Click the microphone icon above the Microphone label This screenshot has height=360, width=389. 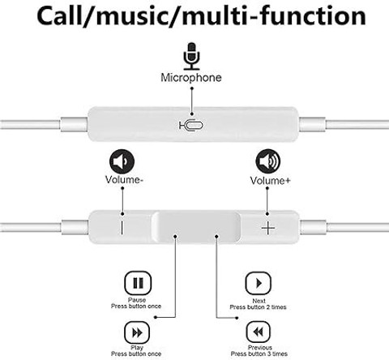pos(191,56)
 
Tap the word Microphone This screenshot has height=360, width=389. pos(191,78)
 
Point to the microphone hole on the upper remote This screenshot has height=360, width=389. pos(191,125)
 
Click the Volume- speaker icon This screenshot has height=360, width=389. pos(122,161)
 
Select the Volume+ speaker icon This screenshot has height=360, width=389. pos(268,161)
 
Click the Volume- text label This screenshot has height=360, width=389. pos(124,180)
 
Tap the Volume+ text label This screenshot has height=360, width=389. pos(270,181)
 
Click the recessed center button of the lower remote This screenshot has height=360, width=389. pos(196,227)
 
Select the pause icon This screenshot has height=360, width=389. pos(138,283)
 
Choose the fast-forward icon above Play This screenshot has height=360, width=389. pos(137,332)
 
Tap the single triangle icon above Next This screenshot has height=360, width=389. pos(259,283)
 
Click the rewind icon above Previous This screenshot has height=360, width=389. pos(259,332)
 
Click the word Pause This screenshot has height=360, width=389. pos(137,300)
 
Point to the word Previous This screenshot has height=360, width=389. pos(260,348)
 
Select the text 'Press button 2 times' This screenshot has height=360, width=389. pos(258,307)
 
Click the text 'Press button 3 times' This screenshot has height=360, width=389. pos(259,354)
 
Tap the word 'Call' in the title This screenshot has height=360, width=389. pos(60,15)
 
